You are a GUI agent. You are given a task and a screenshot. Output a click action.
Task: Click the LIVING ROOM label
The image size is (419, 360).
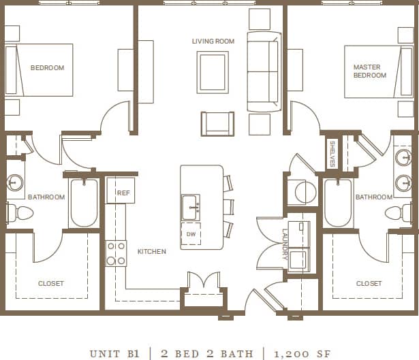click(x=213, y=42)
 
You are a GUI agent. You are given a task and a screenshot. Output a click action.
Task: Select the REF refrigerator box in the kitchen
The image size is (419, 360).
click(x=123, y=193)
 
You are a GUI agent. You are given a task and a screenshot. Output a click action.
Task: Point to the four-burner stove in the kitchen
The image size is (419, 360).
click(x=116, y=253)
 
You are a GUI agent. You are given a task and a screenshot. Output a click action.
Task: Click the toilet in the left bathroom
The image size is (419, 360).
click(x=20, y=214)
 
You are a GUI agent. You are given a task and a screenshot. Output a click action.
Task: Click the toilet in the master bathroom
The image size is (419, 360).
click(x=398, y=214)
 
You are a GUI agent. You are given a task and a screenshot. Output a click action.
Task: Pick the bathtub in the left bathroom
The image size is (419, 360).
click(x=84, y=203)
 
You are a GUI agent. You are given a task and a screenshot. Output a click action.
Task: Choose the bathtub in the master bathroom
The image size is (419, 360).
click(x=338, y=203)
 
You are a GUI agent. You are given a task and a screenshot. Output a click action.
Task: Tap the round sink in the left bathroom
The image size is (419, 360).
click(x=16, y=182)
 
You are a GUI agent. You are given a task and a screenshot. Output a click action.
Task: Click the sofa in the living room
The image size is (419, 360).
click(x=263, y=71)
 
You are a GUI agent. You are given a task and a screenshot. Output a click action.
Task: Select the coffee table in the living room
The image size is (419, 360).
click(x=213, y=71)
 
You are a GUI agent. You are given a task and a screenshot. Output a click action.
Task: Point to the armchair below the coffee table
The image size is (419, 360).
click(x=217, y=124)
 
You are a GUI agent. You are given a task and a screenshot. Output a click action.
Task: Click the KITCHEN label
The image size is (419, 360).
click(x=151, y=252)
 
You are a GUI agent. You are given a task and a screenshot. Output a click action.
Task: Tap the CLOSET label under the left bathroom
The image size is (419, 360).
click(x=50, y=283)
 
